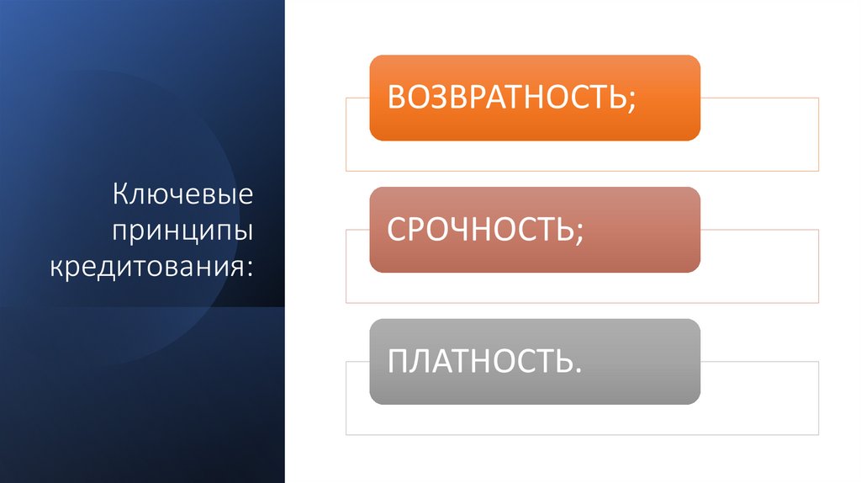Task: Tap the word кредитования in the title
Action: coord(147,267)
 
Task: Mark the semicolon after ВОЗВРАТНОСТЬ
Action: coord(631,101)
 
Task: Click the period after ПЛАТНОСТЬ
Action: coord(578,369)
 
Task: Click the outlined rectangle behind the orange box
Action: coord(757,135)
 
